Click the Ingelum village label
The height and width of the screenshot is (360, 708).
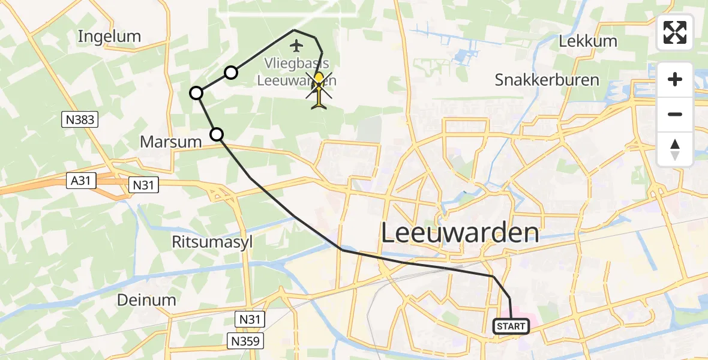pyautogui.click(x=109, y=36)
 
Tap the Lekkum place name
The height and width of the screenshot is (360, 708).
pyautogui.click(x=588, y=41)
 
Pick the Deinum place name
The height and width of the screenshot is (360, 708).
pyautogui.click(x=147, y=300)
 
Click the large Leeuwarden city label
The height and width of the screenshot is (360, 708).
pyautogui.click(x=460, y=233)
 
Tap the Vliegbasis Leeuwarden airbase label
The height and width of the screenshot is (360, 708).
pyautogui.click(x=297, y=71)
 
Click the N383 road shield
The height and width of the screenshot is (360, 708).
pyautogui.click(x=80, y=120)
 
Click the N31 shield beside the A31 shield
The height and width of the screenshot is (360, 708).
pyautogui.click(x=144, y=185)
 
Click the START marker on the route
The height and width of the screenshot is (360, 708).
pyautogui.click(x=511, y=326)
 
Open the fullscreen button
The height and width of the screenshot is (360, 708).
pyautogui.click(x=675, y=32)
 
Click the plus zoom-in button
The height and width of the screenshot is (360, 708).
pyautogui.click(x=675, y=79)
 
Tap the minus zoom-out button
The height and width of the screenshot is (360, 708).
pyautogui.click(x=675, y=114)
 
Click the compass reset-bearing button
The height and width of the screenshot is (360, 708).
pyautogui.click(x=675, y=149)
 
